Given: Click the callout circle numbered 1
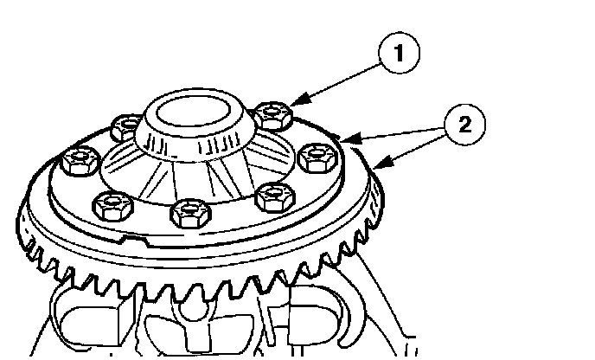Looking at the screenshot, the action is (398, 54).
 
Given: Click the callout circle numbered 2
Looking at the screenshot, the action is (465, 125).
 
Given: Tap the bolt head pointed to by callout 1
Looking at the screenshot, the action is (274, 112).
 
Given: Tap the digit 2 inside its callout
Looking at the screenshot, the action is (465, 125).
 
